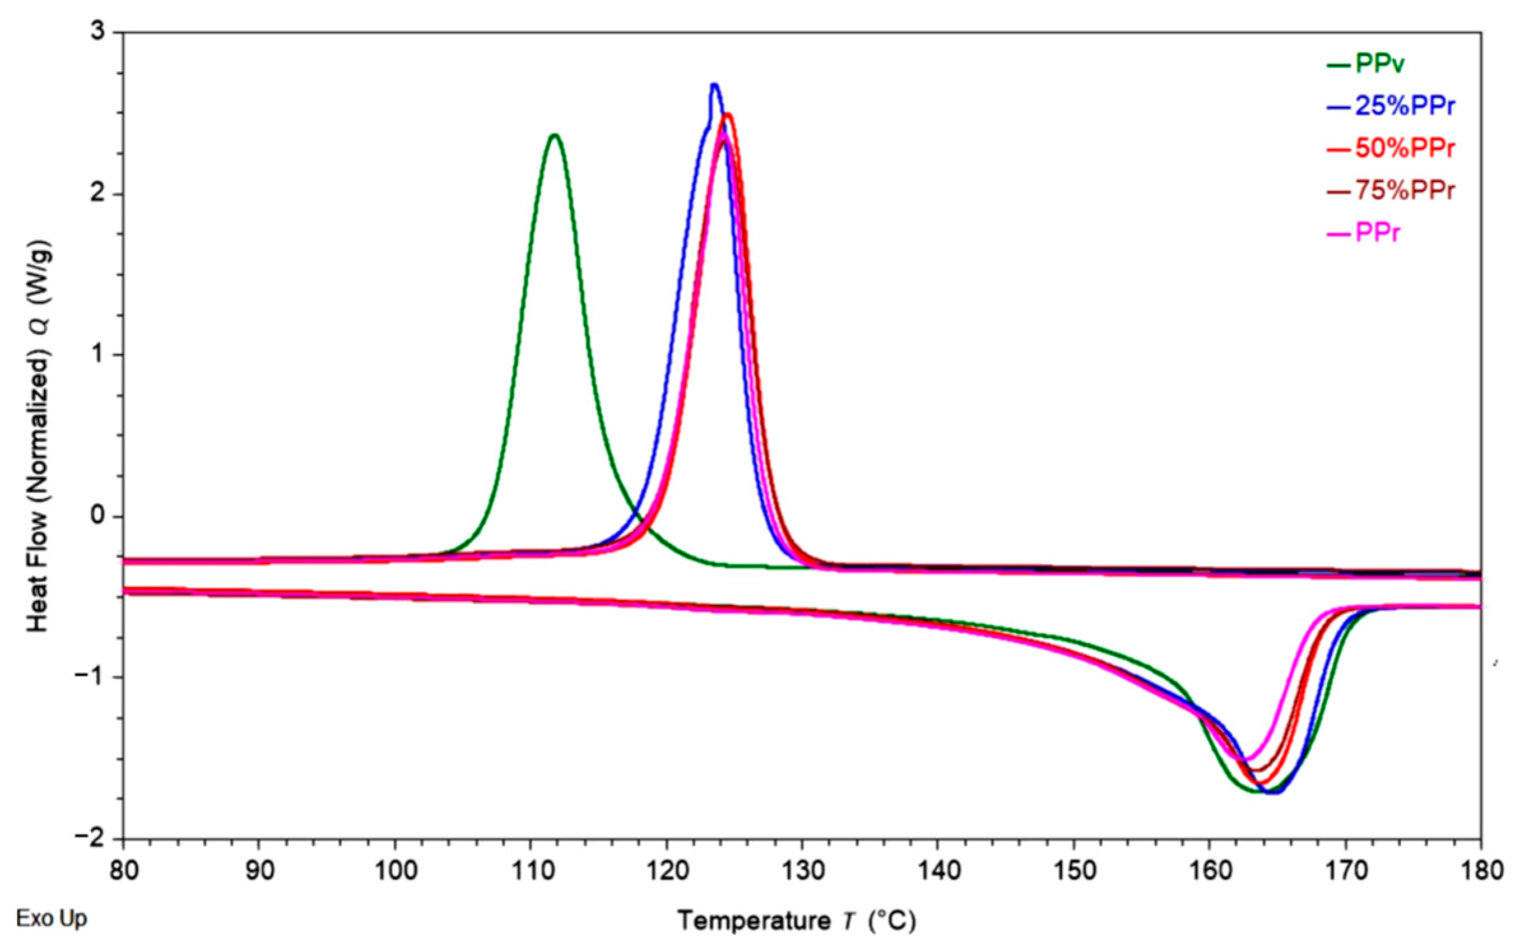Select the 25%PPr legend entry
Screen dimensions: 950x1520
tap(1404, 106)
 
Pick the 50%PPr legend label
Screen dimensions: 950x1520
tap(1404, 148)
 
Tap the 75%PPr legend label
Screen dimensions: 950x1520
tap(1404, 190)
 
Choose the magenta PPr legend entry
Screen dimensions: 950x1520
tap(1378, 233)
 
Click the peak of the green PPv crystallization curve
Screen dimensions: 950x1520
tap(555, 134)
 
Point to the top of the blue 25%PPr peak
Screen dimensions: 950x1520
tap(714, 85)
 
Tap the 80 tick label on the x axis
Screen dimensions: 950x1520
tap(124, 870)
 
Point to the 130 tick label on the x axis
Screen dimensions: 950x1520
tap(802, 870)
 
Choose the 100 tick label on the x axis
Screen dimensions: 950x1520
tap(395, 870)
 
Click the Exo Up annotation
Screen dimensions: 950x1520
tap(52, 918)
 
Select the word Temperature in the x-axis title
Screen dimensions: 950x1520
tap(754, 921)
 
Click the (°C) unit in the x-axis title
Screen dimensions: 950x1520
tap(894, 921)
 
